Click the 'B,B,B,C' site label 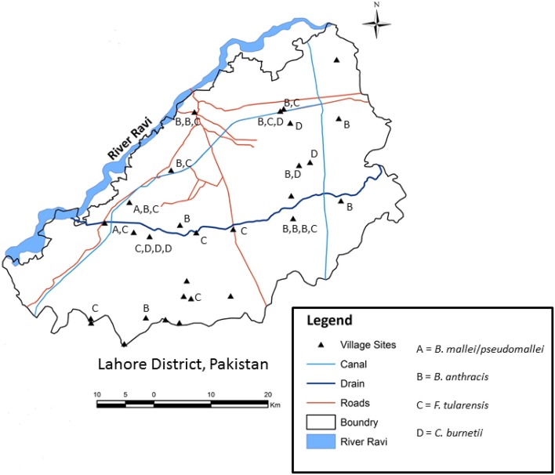click(300, 230)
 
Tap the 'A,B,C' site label click(147, 209)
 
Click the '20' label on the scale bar click(267, 393)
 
